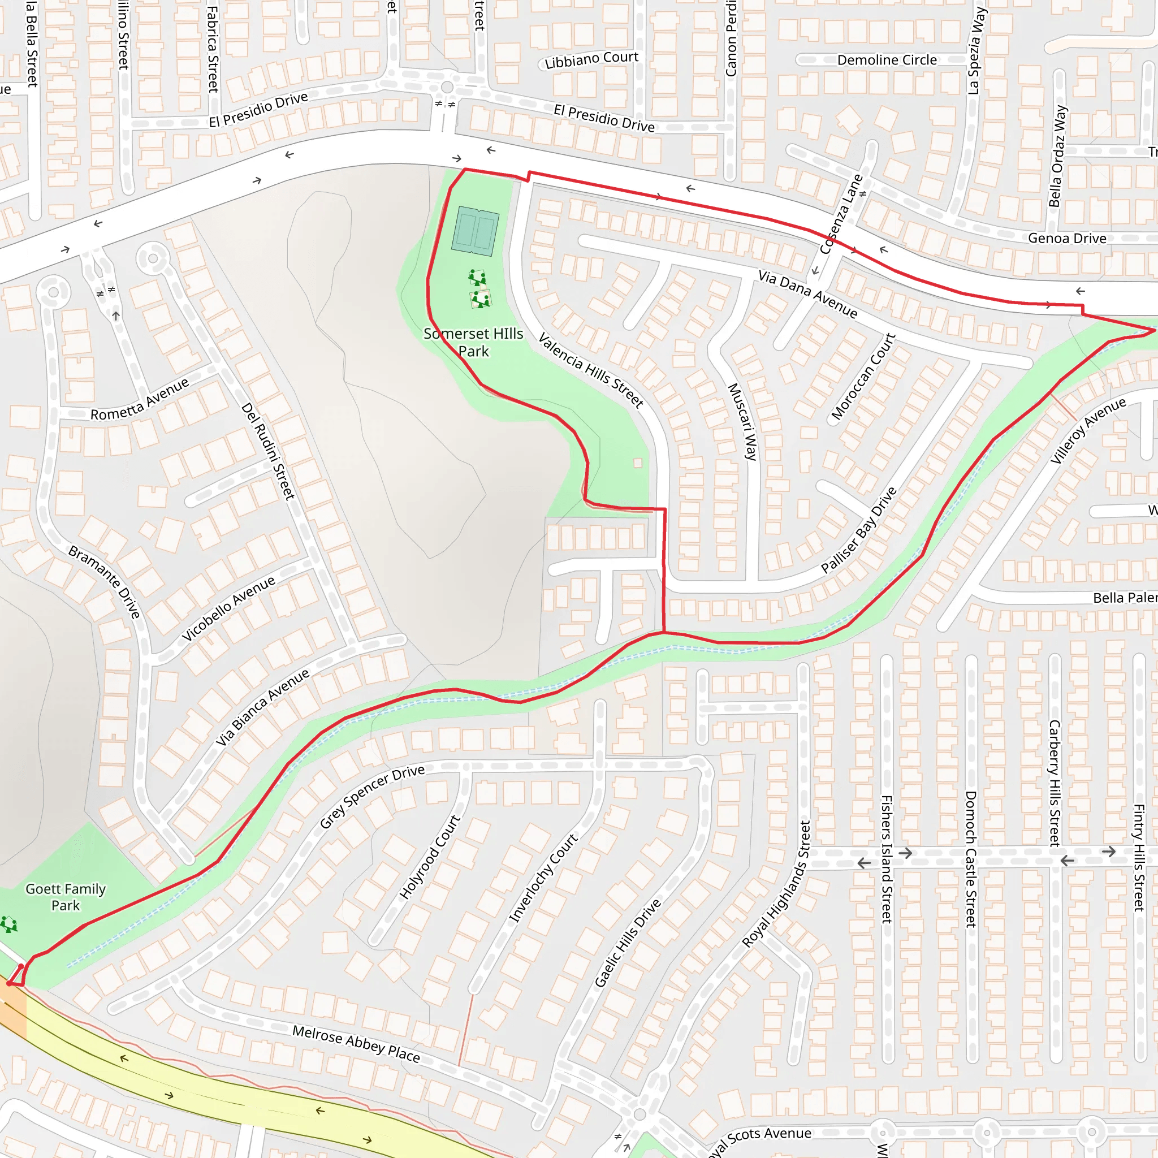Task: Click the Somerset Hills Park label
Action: pyautogui.click(x=473, y=342)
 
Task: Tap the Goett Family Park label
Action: pyautogui.click(x=66, y=897)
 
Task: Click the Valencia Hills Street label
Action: pyautogui.click(x=590, y=370)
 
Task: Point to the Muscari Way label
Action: pyautogui.click(x=742, y=422)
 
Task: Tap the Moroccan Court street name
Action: pyautogui.click(x=863, y=377)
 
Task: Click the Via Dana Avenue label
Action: pyautogui.click(x=807, y=293)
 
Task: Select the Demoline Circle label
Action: pyautogui.click(x=887, y=60)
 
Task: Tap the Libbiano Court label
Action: pyautogui.click(x=591, y=59)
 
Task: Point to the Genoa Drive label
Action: pyautogui.click(x=1067, y=238)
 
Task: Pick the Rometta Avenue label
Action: pyautogui.click(x=140, y=399)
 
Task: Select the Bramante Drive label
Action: pyautogui.click(x=104, y=581)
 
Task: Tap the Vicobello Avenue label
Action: pyautogui.click(x=228, y=608)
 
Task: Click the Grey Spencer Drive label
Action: pyautogui.click(x=371, y=796)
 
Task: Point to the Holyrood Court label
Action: pyautogui.click(x=430, y=857)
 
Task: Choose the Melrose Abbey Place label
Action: pyautogui.click(x=356, y=1044)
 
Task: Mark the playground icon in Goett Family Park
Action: pyautogui.click(x=10, y=924)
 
